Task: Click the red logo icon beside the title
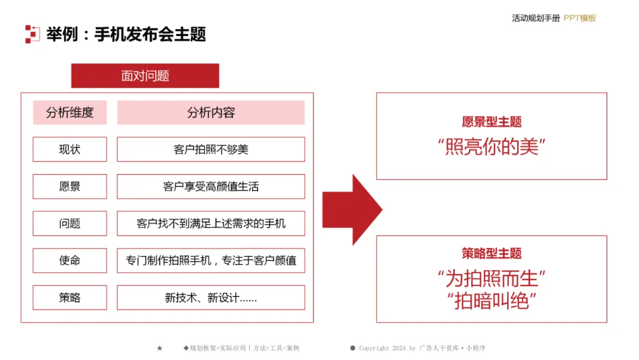pyautogui.click(x=33, y=34)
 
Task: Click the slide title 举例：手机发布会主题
pyautogui.click(x=126, y=34)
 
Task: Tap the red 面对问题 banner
pyautogui.click(x=145, y=76)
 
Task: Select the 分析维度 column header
pyautogui.click(x=70, y=112)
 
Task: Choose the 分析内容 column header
pyautogui.click(x=211, y=112)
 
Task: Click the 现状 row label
pyautogui.click(x=70, y=149)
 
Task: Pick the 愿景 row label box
pyautogui.click(x=70, y=187)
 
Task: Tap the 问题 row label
pyautogui.click(x=70, y=223)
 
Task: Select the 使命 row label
pyautogui.click(x=70, y=261)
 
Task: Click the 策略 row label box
pyautogui.click(x=70, y=297)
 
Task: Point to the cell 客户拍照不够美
pyautogui.click(x=211, y=149)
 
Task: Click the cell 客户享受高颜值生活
pyautogui.click(x=211, y=187)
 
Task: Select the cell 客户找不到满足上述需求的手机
pyautogui.click(x=211, y=223)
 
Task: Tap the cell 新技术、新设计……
pyautogui.click(x=211, y=297)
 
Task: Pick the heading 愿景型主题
pyautogui.click(x=492, y=123)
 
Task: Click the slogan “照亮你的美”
pyautogui.click(x=492, y=146)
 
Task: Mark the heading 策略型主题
pyautogui.click(x=492, y=254)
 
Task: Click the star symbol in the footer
pyautogui.click(x=159, y=348)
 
